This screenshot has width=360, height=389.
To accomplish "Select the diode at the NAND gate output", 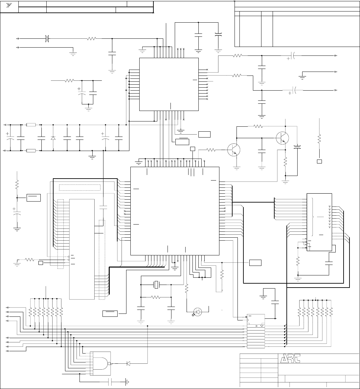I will point(128,363).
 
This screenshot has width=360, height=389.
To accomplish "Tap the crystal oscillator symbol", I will point(156,285).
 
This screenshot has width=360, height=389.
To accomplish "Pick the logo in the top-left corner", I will point(9,6).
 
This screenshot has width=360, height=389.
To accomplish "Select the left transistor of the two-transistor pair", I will point(234,150).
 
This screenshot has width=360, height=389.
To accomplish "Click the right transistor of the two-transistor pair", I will point(282,137).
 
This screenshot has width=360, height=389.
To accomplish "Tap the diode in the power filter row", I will point(53,138).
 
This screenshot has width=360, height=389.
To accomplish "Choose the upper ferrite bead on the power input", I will point(31,125).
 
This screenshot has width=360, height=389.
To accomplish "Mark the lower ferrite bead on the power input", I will point(31,151).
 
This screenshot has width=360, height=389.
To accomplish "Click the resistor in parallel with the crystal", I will point(156,297).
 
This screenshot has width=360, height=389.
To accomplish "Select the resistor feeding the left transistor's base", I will point(211,150).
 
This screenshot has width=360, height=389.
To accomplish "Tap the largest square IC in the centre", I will point(175,211).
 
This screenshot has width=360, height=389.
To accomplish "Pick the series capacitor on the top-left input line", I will point(47,39).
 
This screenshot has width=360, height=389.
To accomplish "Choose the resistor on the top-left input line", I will point(91,39).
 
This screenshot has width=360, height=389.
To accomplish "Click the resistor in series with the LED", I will point(186,289).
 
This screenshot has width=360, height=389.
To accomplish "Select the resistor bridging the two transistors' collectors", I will point(259,126).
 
